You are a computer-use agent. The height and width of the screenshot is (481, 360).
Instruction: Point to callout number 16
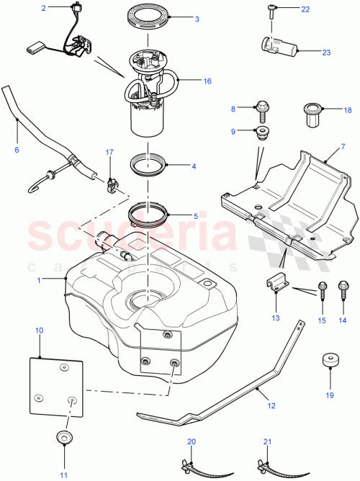point(207,81)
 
